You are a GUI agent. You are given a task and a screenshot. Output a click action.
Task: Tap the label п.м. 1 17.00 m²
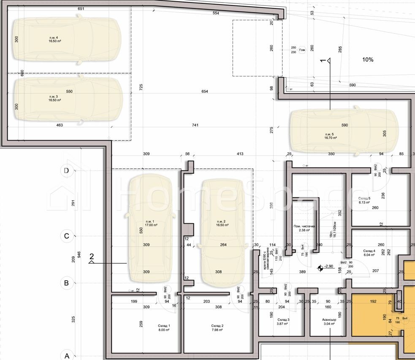[x=150, y=223]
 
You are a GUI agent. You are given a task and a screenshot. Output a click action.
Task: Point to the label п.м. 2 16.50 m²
[x=222, y=223]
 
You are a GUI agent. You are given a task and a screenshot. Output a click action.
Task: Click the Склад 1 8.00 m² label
[x=164, y=328]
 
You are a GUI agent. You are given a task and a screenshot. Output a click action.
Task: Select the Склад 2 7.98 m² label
[x=217, y=328]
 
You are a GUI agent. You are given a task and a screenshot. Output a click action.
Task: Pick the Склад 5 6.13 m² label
[x=364, y=200]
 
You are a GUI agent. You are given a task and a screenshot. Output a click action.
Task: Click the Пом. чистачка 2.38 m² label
[x=302, y=228]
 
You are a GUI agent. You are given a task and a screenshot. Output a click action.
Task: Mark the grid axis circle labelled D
[x=66, y=171]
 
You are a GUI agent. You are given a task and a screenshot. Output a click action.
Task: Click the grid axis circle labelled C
[x=66, y=236]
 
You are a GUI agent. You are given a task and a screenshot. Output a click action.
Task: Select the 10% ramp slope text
[x=368, y=60]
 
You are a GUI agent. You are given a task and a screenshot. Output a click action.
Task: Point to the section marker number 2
[x=91, y=256]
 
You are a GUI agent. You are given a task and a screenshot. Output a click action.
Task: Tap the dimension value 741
[x=195, y=125]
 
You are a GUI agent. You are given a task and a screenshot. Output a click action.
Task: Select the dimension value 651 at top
[x=81, y=8]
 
